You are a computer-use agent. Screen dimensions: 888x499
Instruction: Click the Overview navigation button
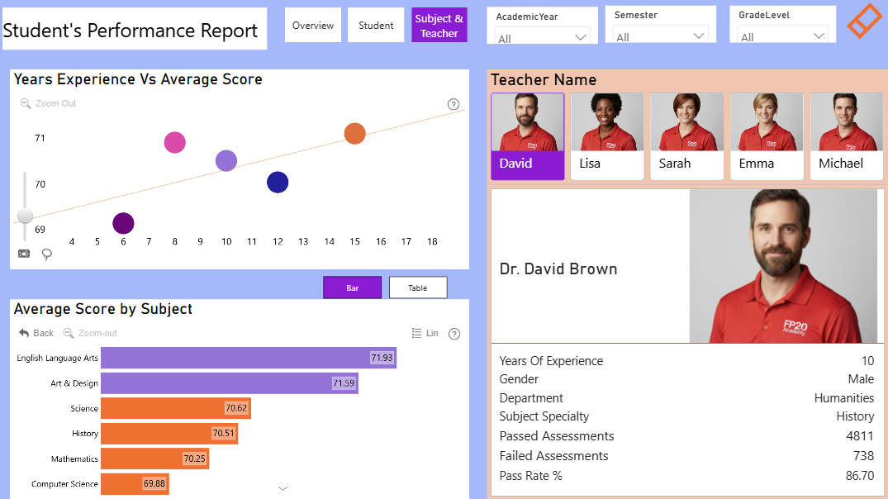[x=312, y=25]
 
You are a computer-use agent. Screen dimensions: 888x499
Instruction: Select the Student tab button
[x=376, y=25]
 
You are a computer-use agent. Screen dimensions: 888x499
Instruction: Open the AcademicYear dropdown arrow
[x=580, y=37]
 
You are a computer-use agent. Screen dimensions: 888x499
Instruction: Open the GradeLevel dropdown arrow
[x=819, y=36]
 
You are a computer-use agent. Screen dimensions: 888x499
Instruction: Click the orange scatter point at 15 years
[x=354, y=134]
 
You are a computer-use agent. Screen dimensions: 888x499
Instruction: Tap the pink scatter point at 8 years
[x=174, y=142]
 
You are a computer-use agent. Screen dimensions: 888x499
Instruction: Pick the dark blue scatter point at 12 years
[x=278, y=183]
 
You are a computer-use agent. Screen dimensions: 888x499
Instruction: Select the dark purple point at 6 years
[x=123, y=223]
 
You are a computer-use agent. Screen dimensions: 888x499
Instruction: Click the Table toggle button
[x=418, y=288]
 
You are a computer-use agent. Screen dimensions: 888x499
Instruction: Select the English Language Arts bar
[x=249, y=358]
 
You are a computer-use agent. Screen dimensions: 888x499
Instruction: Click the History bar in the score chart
[x=169, y=433]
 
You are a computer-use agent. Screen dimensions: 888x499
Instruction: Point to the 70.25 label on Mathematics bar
[x=195, y=459]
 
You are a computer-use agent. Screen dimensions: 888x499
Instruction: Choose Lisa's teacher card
[x=607, y=136]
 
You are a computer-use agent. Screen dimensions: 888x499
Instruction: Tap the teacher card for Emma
[x=767, y=136]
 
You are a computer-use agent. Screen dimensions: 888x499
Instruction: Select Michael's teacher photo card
[x=847, y=136]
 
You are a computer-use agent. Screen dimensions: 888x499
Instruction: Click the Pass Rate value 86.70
[x=860, y=476]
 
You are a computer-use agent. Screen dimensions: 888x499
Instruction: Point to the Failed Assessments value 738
[x=864, y=456]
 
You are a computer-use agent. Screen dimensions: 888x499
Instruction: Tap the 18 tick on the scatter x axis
[x=432, y=242]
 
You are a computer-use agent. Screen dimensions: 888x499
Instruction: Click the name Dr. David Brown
[x=558, y=269]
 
